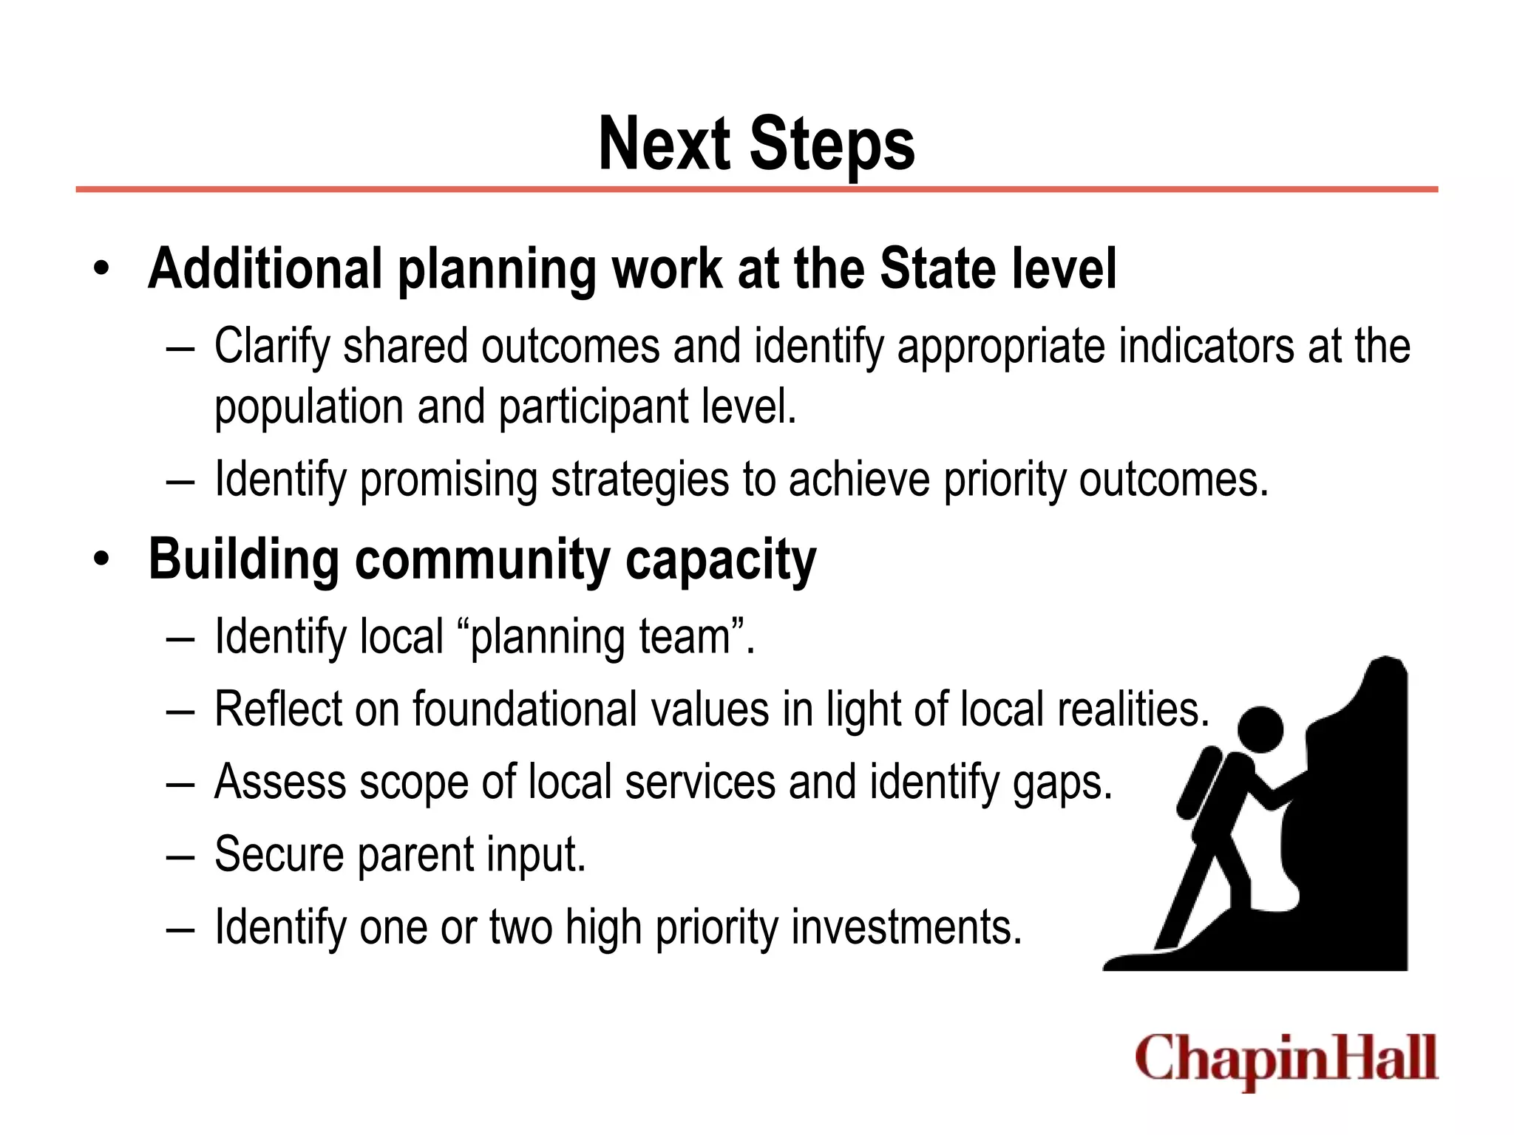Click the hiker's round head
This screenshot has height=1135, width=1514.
(x=1260, y=729)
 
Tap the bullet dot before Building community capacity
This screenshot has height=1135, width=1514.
(x=101, y=559)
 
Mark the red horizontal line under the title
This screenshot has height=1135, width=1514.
(x=756, y=190)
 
